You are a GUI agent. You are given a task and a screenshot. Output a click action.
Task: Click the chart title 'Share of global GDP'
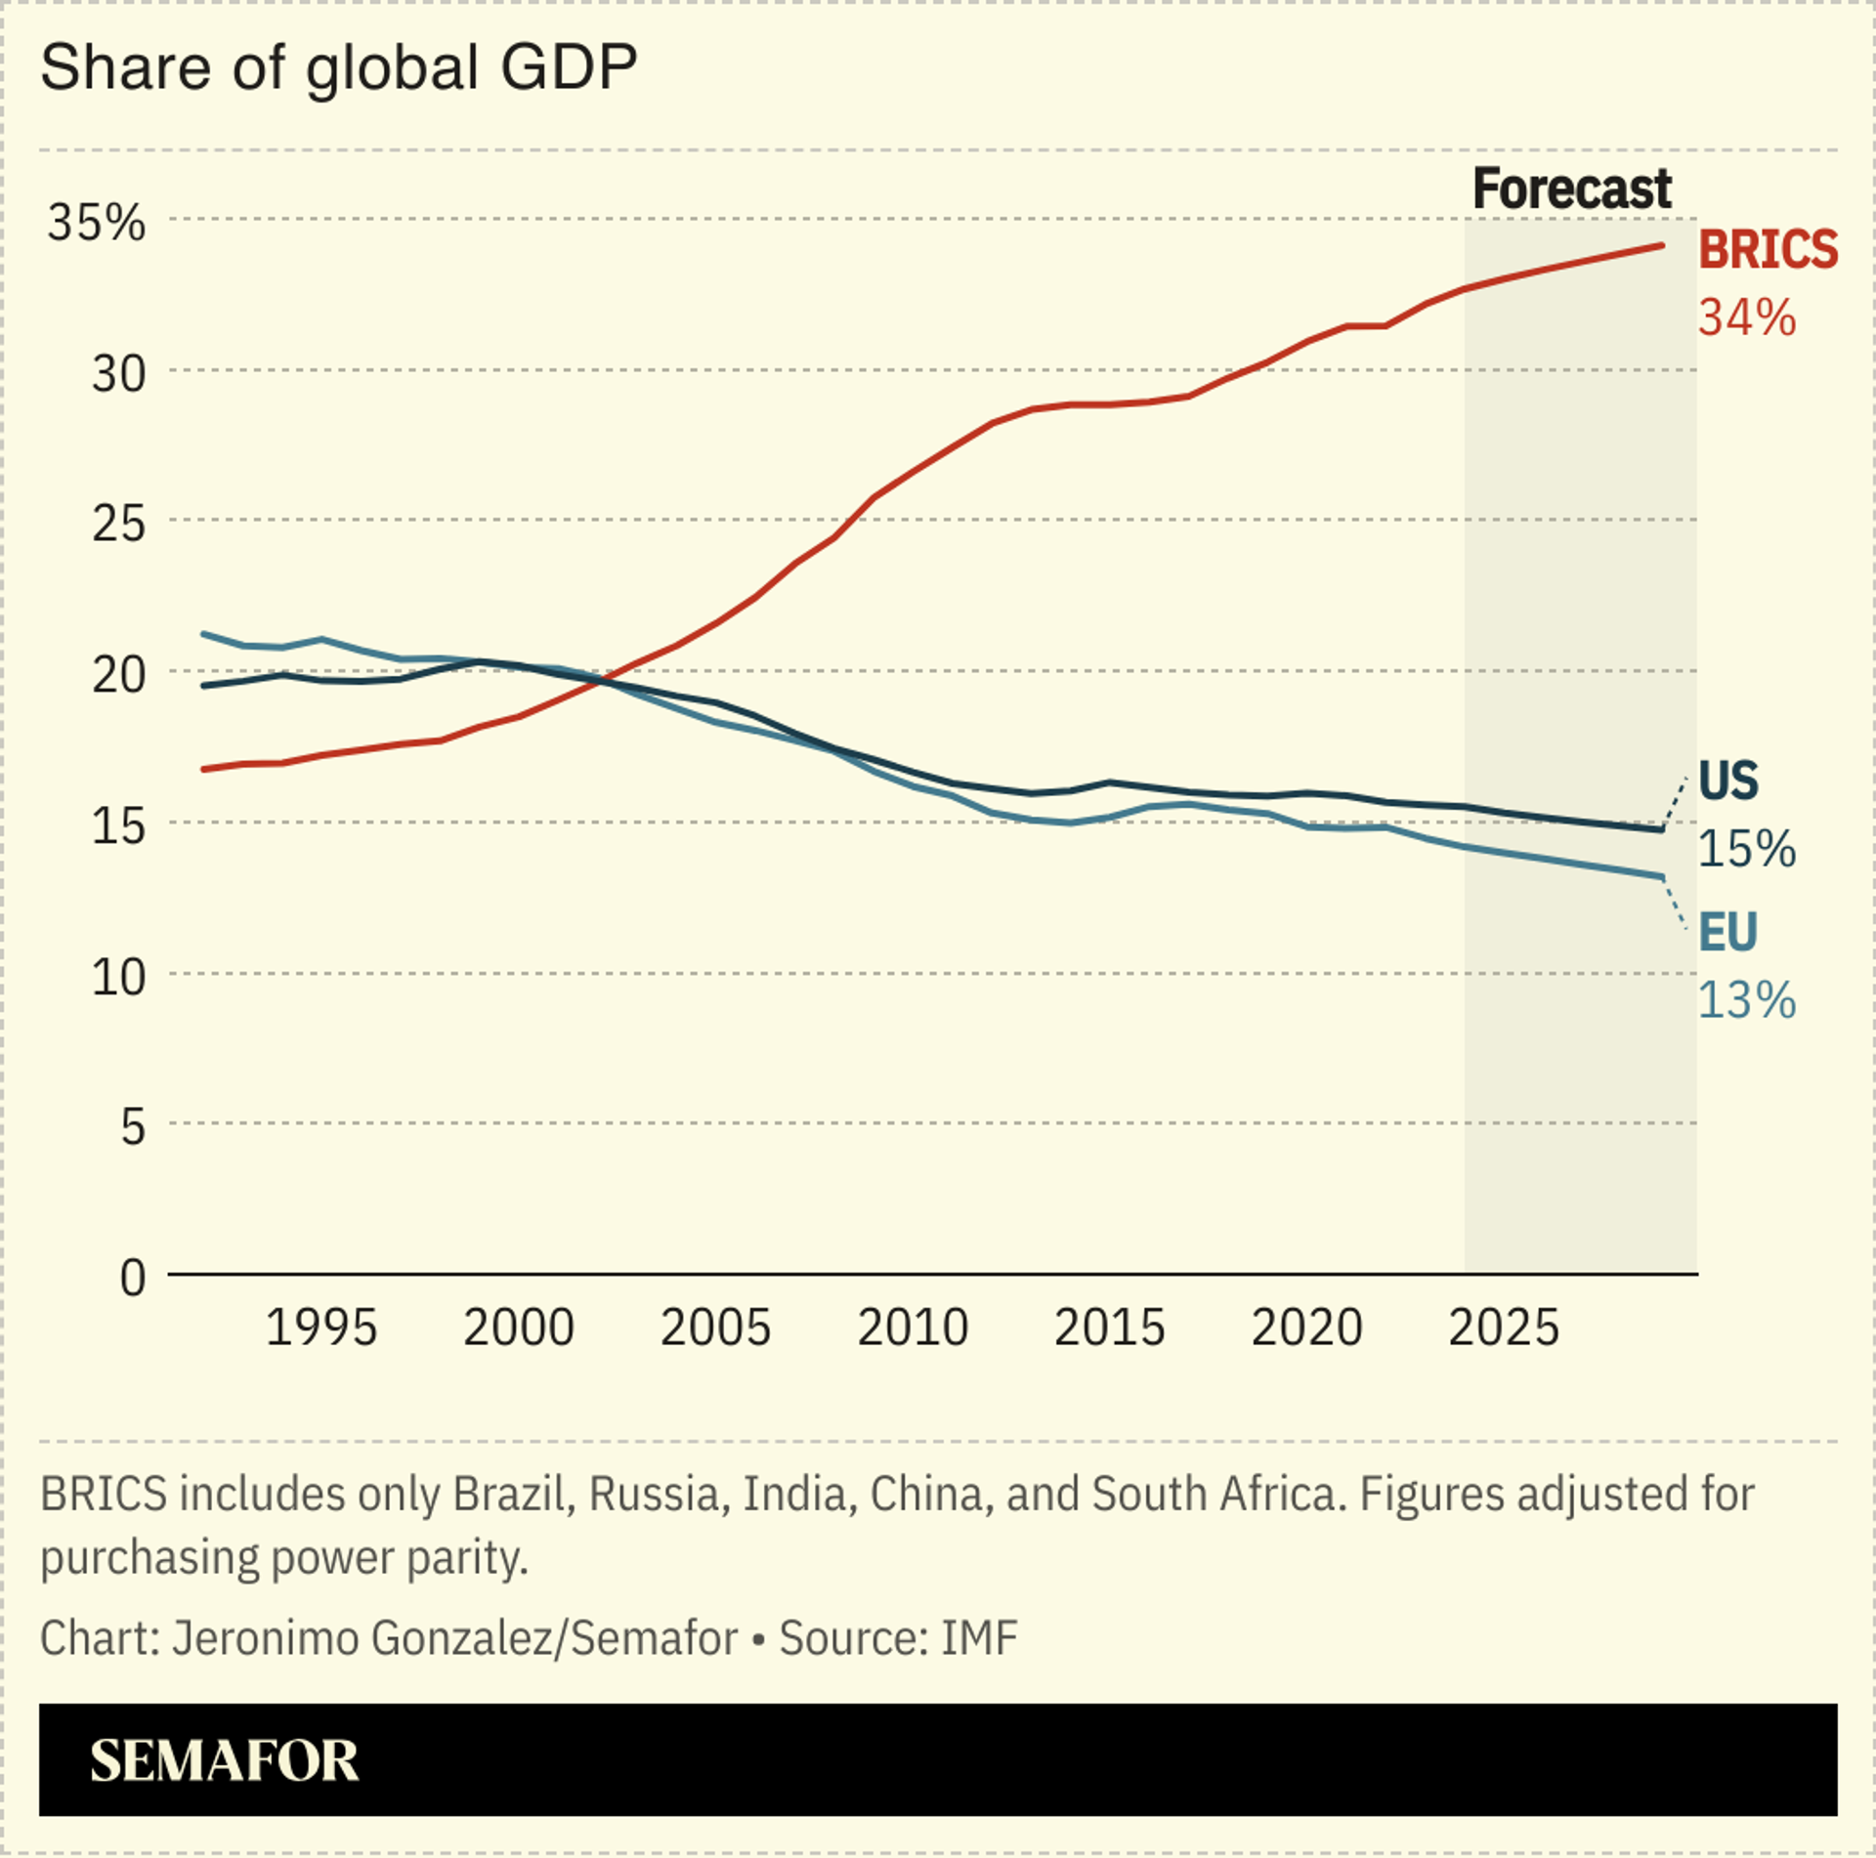(x=338, y=68)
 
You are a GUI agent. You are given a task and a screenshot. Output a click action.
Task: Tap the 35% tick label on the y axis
(x=97, y=223)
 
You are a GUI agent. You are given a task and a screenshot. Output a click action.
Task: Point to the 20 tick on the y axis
(x=118, y=674)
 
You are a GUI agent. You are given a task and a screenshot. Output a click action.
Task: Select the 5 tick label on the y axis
(x=133, y=1126)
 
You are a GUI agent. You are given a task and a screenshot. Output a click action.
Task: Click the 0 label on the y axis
(x=133, y=1278)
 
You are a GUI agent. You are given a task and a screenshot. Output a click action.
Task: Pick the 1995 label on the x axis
(x=320, y=1328)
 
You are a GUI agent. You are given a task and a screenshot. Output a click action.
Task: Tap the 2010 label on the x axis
(x=913, y=1328)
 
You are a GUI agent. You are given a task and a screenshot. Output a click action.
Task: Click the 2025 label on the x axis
(x=1504, y=1328)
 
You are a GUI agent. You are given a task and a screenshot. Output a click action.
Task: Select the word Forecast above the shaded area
(x=1571, y=189)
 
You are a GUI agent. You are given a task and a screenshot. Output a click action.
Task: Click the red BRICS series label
(x=1768, y=250)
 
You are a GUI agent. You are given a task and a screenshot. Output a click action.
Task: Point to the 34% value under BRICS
(x=1746, y=318)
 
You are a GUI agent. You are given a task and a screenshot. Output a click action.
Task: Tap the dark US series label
(x=1727, y=781)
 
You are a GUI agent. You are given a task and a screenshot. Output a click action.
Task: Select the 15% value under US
(x=1746, y=849)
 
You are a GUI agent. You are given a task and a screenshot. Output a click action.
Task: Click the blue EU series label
(x=1727, y=932)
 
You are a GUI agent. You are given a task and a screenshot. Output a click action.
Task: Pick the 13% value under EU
(x=1746, y=1000)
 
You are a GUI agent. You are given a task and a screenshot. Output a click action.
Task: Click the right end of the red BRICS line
(x=1661, y=245)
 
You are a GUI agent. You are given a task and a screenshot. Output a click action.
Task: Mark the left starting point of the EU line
(x=203, y=634)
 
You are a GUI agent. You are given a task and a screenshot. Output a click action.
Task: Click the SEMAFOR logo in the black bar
(x=224, y=1760)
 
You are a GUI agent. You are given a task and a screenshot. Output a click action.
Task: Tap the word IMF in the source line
(x=978, y=1638)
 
